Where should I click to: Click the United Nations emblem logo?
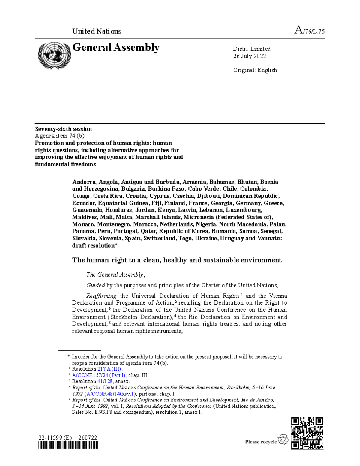(x=54, y=55)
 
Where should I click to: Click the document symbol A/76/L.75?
(x=310, y=31)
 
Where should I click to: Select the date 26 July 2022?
(x=250, y=56)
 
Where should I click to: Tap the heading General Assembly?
(x=116, y=47)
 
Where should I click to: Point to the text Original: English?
(x=255, y=70)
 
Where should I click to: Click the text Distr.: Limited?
(x=252, y=49)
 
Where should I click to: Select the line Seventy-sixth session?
(x=63, y=129)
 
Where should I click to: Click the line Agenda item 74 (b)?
(x=60, y=136)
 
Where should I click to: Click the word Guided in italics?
(x=96, y=285)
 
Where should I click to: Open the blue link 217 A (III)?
(x=110, y=369)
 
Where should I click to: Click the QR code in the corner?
(x=307, y=433)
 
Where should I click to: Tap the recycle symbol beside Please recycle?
(x=283, y=440)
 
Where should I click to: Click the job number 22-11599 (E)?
(x=55, y=438)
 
